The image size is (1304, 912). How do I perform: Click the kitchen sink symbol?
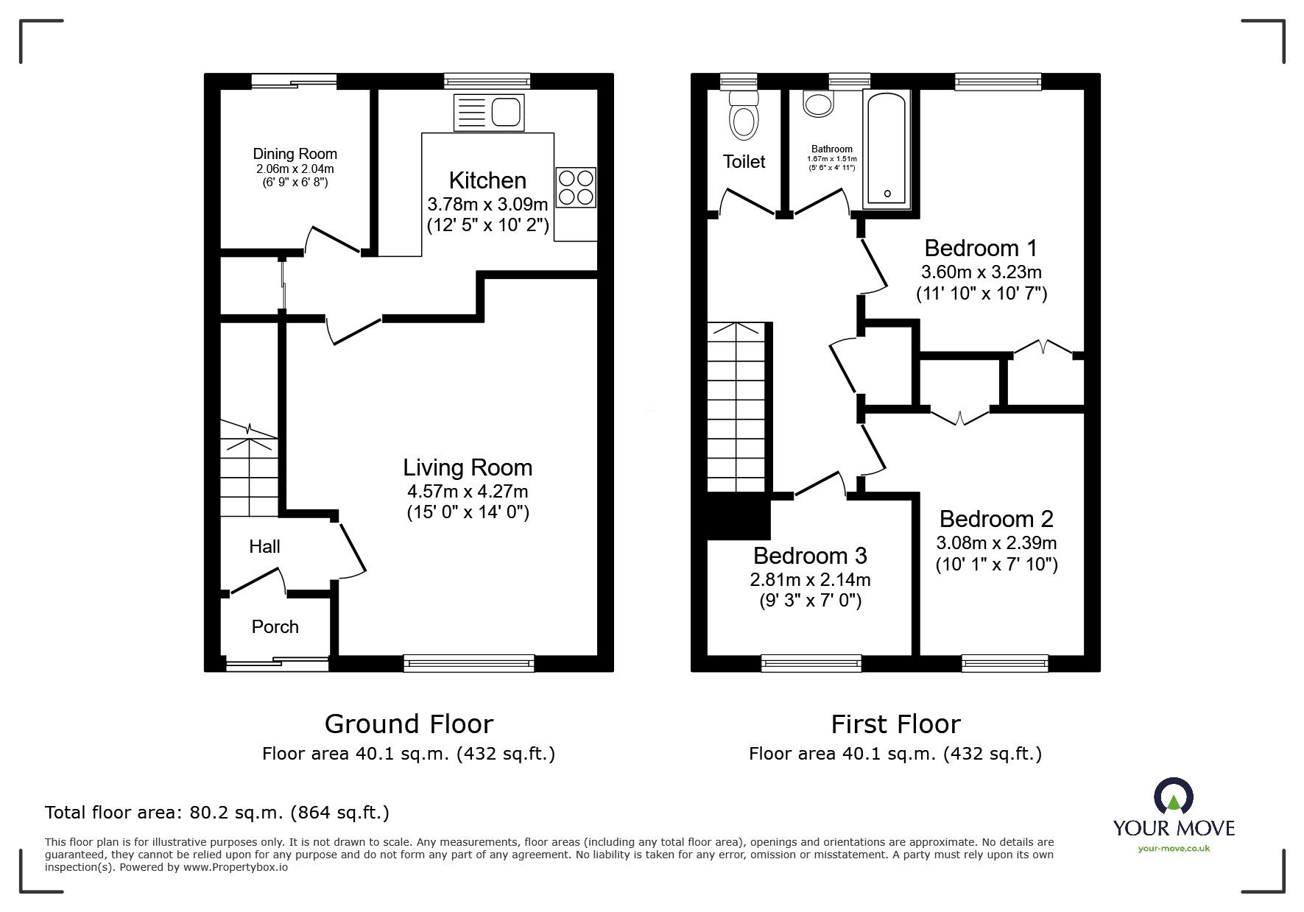click(490, 113)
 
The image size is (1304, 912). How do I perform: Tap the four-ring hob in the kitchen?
click(577, 188)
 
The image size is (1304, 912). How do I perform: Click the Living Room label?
click(468, 467)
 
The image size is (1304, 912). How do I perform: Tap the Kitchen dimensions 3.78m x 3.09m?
click(487, 204)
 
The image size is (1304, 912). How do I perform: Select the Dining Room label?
click(295, 154)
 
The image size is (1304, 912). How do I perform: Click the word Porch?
click(275, 626)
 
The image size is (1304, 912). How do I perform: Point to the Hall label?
click(264, 546)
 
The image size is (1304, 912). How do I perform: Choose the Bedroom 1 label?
click(981, 248)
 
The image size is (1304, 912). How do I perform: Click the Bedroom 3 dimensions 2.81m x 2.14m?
click(810, 579)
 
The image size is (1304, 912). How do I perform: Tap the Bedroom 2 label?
click(996, 519)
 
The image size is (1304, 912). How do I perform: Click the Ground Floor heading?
click(409, 724)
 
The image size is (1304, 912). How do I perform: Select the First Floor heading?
click(895, 724)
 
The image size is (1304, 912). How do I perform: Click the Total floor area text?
click(217, 813)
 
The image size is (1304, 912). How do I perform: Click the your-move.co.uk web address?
click(1174, 849)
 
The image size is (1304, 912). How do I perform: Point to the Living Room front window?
click(469, 664)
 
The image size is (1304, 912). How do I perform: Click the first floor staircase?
click(739, 409)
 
